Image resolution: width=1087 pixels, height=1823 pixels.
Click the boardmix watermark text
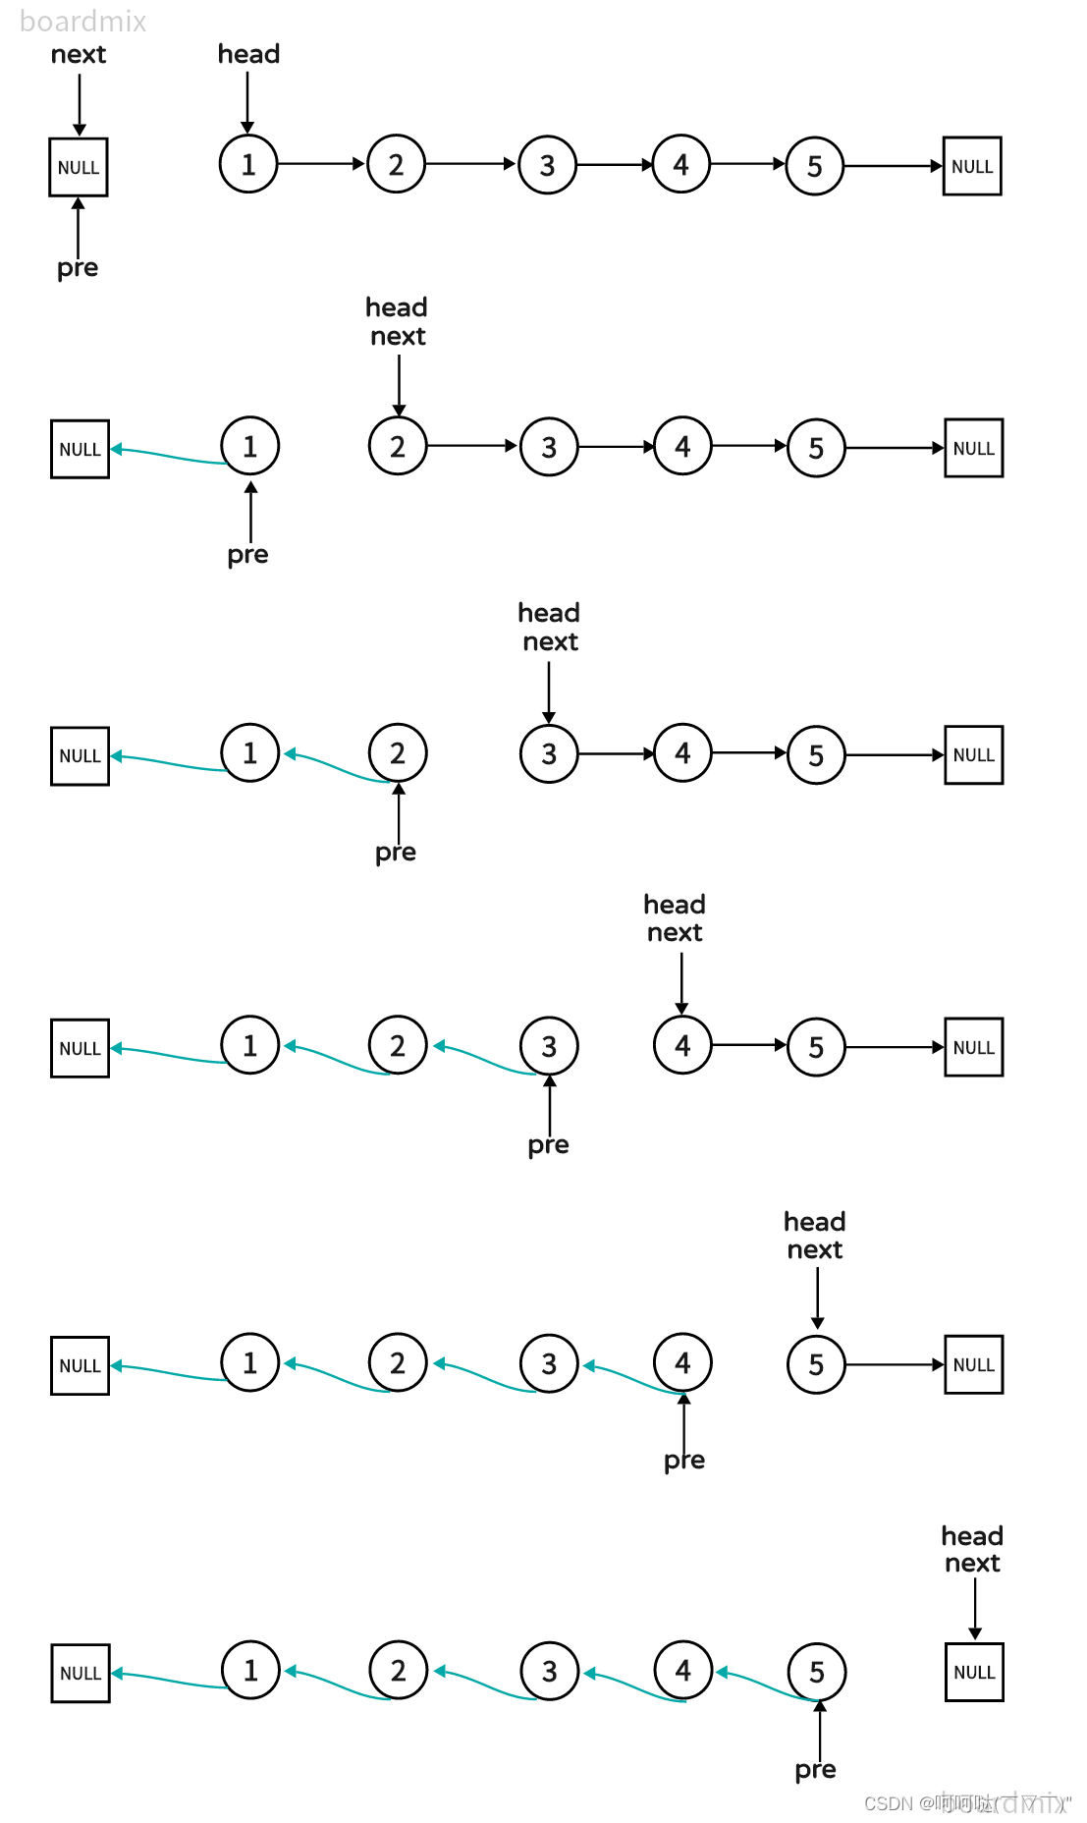point(82,21)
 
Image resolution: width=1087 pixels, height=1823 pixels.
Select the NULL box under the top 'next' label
point(79,167)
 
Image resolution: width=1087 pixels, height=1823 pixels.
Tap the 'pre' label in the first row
point(78,268)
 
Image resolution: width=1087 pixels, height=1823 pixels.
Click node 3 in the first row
point(548,165)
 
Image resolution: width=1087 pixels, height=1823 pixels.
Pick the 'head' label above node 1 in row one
point(248,54)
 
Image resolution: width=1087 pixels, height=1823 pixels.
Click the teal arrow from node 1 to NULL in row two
point(167,455)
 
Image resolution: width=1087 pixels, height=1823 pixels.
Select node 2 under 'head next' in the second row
point(398,446)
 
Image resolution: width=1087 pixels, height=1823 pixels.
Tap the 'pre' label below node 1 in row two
point(247,555)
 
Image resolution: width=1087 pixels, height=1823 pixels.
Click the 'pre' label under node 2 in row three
point(396,853)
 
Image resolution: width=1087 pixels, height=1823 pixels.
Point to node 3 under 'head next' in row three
point(549,753)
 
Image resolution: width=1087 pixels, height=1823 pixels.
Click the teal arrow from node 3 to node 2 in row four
point(486,1060)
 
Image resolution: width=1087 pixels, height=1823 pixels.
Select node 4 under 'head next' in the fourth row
point(682,1045)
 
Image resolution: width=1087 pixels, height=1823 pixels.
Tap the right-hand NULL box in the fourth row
point(973,1047)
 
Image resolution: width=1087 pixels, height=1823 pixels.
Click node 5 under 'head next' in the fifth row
point(816,1364)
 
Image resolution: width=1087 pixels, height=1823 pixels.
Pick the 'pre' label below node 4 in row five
point(684,1461)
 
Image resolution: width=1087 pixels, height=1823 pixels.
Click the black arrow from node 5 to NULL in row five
point(894,1364)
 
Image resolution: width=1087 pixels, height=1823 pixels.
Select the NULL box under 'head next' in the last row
point(974,1672)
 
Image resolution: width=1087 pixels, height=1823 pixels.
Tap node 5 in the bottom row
point(817,1672)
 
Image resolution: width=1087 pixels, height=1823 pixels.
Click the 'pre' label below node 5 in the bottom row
point(816,1770)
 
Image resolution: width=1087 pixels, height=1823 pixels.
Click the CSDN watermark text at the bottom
point(966,1803)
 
